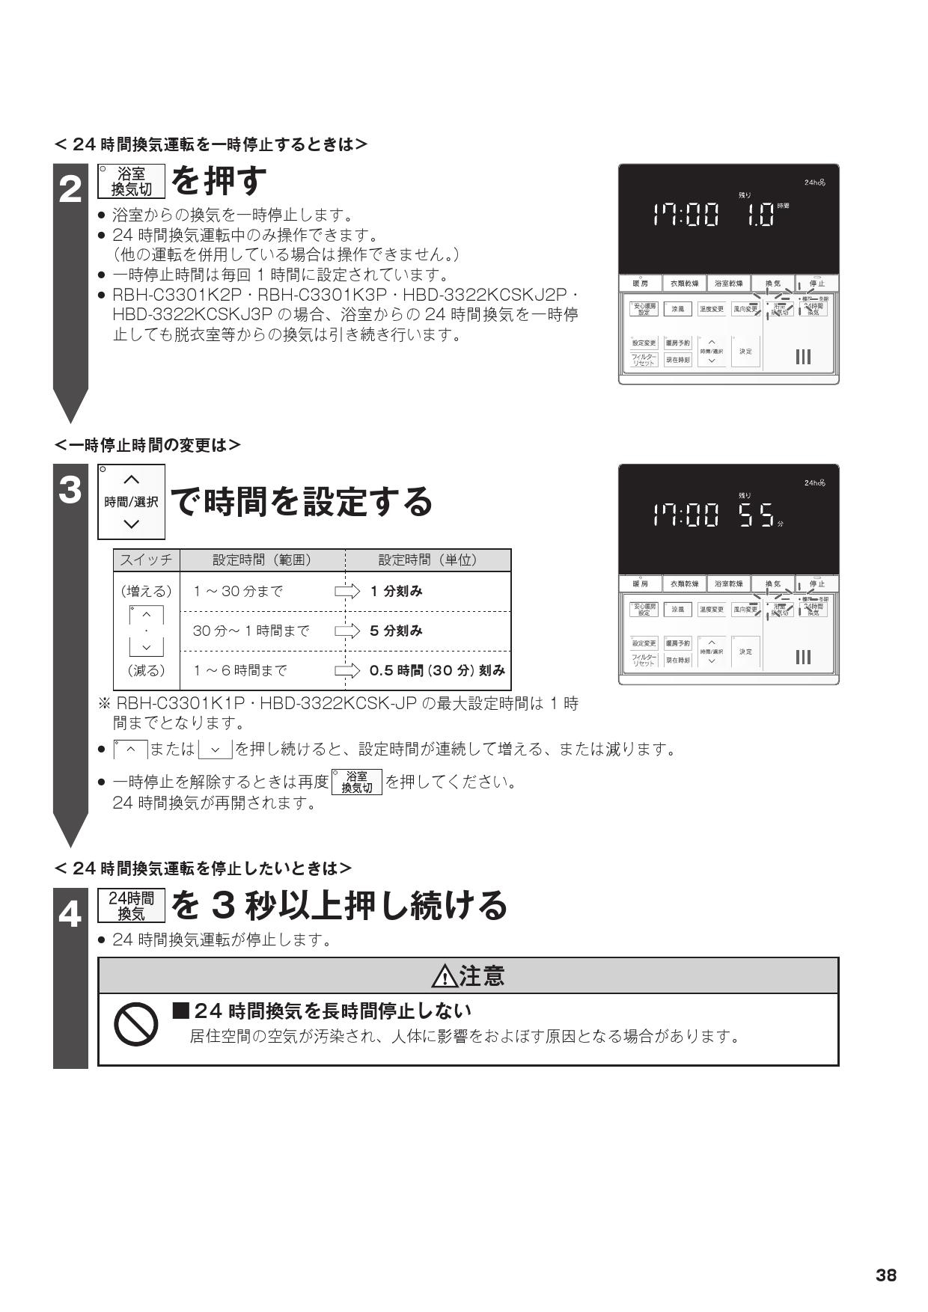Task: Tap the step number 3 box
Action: coord(70,491)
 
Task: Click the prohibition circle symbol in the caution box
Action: coord(135,1024)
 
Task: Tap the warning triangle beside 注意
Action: coord(444,976)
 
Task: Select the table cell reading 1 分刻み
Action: coord(396,591)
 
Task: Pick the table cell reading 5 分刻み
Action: coord(396,631)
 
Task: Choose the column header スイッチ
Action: coord(147,560)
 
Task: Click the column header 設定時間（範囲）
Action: coord(262,560)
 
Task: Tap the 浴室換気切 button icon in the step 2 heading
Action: coord(131,181)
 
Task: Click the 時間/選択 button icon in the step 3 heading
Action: coord(131,502)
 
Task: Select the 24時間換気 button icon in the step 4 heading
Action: coord(131,905)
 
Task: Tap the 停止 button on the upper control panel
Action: coord(816,284)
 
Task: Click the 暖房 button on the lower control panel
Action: coord(640,583)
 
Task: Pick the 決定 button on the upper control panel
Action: coord(745,352)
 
